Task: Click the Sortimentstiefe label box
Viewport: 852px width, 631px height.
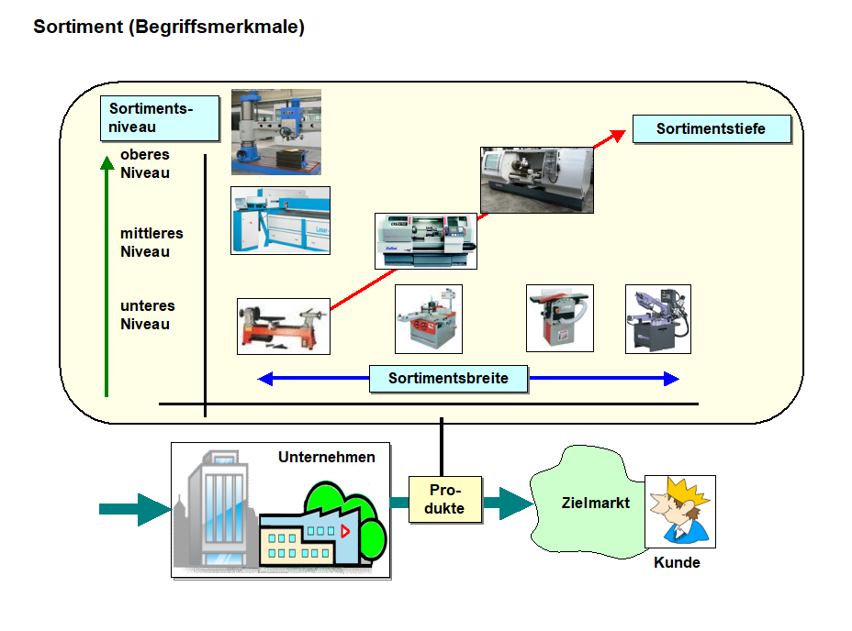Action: point(712,129)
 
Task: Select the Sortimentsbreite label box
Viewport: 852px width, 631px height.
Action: point(448,378)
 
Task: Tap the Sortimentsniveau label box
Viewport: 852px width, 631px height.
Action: point(159,118)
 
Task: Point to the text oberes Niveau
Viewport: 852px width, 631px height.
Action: point(145,164)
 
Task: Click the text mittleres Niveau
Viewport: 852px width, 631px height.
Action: point(151,243)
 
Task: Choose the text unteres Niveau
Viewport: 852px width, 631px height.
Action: point(147,315)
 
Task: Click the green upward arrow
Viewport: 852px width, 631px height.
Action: point(106,275)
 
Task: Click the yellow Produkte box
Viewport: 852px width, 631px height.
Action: point(445,500)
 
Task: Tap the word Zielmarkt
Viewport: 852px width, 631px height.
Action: point(596,503)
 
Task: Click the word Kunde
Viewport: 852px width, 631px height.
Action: point(677,563)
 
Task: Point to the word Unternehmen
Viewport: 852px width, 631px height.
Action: point(327,457)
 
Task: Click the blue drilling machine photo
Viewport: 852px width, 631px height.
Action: point(275,131)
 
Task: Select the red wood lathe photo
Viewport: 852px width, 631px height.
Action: point(283,327)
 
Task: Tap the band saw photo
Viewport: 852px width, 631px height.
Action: point(657,319)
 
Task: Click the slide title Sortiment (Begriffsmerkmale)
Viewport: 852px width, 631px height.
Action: point(169,28)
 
